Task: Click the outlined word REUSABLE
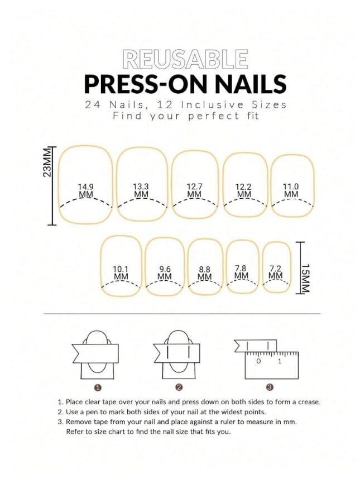pos(185,59)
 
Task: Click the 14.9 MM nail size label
pos(86,190)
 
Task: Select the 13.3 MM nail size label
pos(141,190)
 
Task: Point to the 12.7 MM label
pos(194,190)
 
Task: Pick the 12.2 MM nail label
pos(243,190)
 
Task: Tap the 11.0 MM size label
pos(291,190)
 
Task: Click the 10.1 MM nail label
pos(121,273)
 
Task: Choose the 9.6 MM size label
pos(165,273)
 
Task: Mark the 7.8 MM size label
pos(241,272)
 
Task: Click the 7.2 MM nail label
pos(275,272)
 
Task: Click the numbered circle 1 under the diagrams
pos(98,387)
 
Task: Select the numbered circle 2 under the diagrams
pos(179,387)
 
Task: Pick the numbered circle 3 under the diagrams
pos(270,387)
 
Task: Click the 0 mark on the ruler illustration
pos(258,361)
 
